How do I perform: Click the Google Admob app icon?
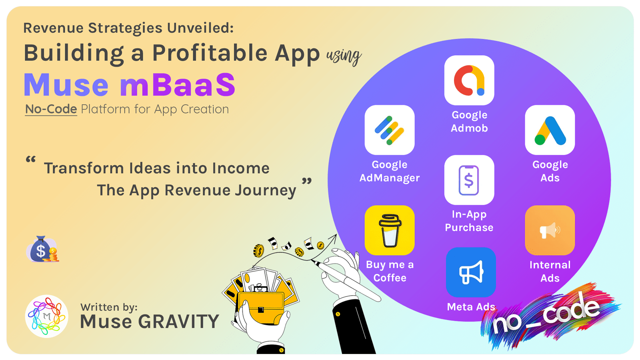469,80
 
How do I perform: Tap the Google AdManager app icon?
390,130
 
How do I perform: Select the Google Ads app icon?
550,130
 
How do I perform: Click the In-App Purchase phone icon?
469,180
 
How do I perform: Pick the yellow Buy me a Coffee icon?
390,230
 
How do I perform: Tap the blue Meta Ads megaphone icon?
471,272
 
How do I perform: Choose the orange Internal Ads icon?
550,230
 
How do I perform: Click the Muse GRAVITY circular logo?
46,316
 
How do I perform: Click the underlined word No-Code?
51,110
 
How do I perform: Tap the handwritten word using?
344,56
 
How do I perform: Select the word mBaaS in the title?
178,84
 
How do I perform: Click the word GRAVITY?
178,322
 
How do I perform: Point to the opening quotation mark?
31,160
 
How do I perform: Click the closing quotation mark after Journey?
307,181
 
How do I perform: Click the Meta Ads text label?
471,307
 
